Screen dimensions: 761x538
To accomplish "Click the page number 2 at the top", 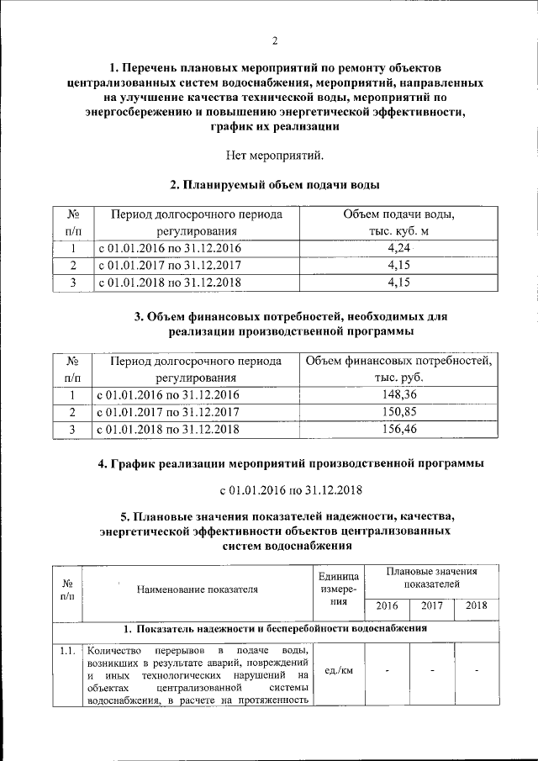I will (x=274, y=41).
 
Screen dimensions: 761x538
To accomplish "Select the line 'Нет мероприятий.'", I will (x=274, y=154).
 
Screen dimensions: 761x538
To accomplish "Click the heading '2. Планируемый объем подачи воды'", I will (x=274, y=184).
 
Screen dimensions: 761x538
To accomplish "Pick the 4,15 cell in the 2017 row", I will (x=399, y=265).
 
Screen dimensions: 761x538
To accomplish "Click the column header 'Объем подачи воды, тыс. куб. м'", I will (x=399, y=223).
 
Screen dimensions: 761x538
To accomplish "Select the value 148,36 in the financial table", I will (x=399, y=394).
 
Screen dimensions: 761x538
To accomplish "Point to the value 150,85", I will (x=399, y=412).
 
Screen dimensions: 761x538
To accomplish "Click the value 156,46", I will (x=399, y=430).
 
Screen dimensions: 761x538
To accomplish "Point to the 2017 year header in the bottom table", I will (x=432, y=605).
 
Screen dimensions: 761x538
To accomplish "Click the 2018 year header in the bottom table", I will (x=476, y=605).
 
